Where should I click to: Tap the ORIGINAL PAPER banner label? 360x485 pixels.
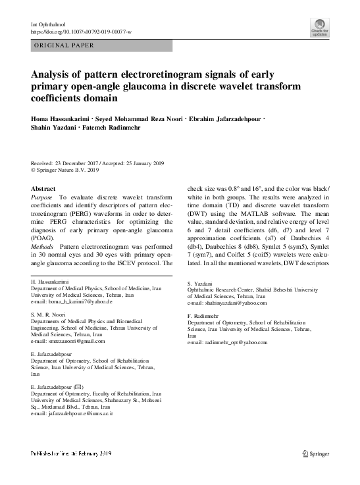click(x=63, y=45)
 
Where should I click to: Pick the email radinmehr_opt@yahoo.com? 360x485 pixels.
click(x=226, y=343)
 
